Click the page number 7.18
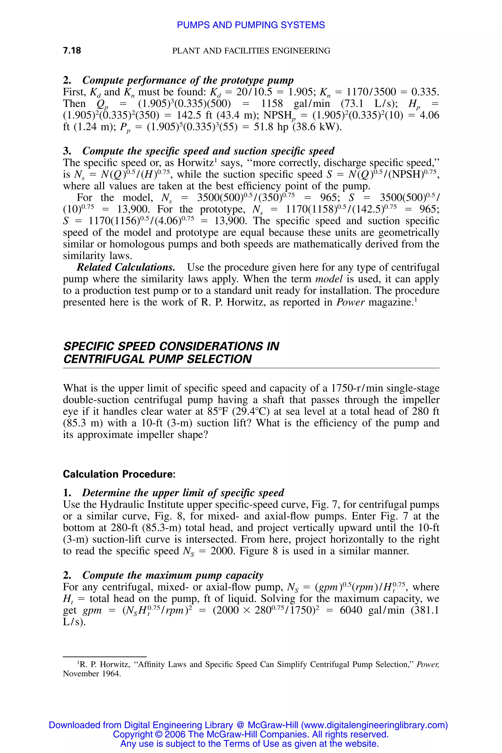click(72, 50)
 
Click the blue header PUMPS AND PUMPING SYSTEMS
click(251, 25)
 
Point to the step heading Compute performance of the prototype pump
click(188, 80)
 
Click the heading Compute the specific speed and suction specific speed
click(208, 151)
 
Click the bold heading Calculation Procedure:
click(119, 474)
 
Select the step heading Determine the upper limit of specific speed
click(183, 492)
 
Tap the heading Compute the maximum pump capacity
click(173, 575)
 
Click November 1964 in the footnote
click(92, 674)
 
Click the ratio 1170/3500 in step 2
click(371, 92)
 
